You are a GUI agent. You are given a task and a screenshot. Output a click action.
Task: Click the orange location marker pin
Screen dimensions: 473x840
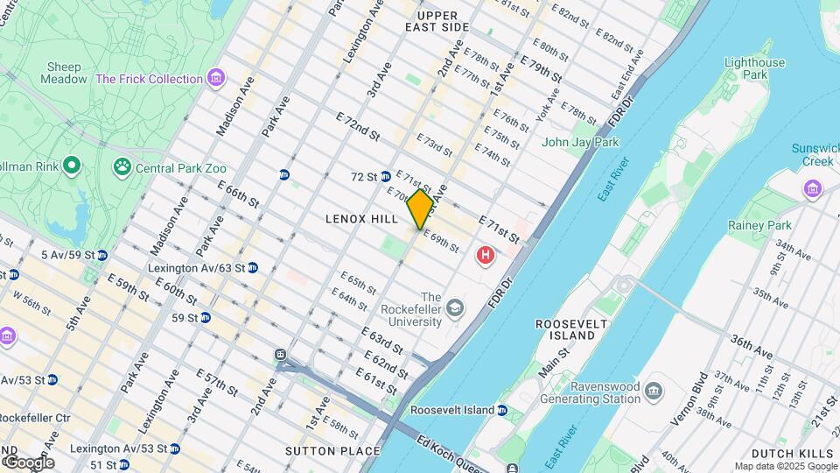pyautogui.click(x=421, y=209)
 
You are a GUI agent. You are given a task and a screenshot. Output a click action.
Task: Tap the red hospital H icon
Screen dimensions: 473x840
pyautogui.click(x=484, y=256)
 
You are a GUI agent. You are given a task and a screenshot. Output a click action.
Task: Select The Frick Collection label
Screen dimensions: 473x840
pyautogui.click(x=150, y=79)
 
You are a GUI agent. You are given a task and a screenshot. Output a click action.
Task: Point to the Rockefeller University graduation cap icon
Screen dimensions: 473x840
pyautogui.click(x=454, y=308)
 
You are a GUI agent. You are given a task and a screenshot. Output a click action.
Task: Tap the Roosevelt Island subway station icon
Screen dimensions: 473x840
pyautogui.click(x=501, y=410)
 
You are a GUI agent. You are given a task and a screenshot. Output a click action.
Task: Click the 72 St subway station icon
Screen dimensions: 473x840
pyautogui.click(x=385, y=177)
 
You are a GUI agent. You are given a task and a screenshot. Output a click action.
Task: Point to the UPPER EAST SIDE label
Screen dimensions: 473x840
pyautogui.click(x=437, y=22)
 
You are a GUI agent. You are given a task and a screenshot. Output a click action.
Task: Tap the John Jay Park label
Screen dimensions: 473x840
pyautogui.click(x=580, y=142)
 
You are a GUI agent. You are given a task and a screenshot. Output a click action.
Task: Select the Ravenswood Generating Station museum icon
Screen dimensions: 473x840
pyautogui.click(x=654, y=389)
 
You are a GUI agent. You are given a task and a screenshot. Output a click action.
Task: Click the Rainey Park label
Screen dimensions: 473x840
pyautogui.click(x=759, y=225)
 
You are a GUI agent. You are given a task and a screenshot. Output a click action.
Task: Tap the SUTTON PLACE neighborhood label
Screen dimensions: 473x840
pyautogui.click(x=332, y=451)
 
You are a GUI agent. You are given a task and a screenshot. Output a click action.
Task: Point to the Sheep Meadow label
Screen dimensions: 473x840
pyautogui.click(x=64, y=73)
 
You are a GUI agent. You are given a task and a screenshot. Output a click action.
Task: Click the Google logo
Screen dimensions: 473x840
pyautogui.click(x=28, y=462)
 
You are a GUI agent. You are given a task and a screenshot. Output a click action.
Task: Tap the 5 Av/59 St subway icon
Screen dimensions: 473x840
pyautogui.click(x=101, y=256)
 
